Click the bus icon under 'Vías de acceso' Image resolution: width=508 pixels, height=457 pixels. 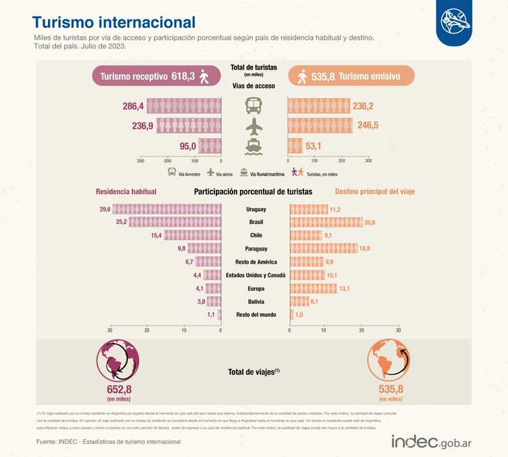[x=255, y=106]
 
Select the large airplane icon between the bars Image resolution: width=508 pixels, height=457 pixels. [x=255, y=126]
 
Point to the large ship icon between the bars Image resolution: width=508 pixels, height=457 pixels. [x=255, y=147]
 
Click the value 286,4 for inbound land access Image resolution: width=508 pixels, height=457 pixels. [x=133, y=106]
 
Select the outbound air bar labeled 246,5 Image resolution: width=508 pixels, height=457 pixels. [x=320, y=126]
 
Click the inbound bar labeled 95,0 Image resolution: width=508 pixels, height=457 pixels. [x=209, y=146]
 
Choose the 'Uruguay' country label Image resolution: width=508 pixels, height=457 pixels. [x=255, y=209]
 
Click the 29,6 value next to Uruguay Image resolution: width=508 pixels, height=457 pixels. [x=105, y=209]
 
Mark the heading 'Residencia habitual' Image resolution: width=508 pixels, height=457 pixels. [x=126, y=191]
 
